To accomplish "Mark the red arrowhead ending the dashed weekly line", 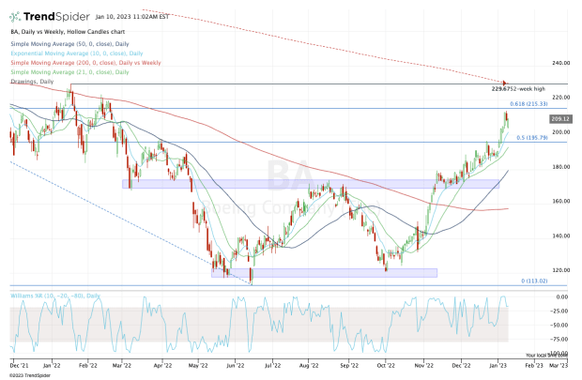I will click(505, 84).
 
